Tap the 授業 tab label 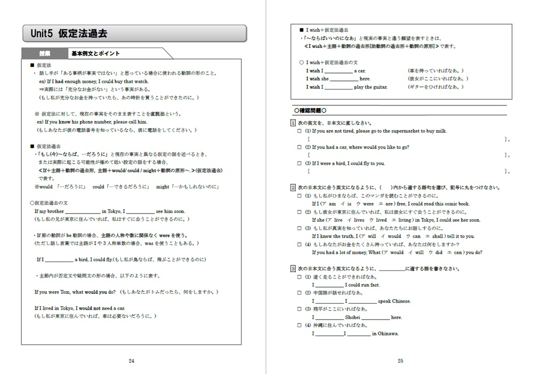click(44, 53)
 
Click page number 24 click(132, 361)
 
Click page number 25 click(401, 361)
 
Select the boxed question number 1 click(293, 123)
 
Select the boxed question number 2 click(293, 188)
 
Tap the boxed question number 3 click(293, 269)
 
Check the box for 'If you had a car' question click(300, 147)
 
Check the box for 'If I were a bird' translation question click(300, 164)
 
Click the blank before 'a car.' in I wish click(338, 71)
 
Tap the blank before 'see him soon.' click(141, 212)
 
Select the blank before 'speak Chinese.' click(362, 302)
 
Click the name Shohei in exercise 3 click(353, 318)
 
